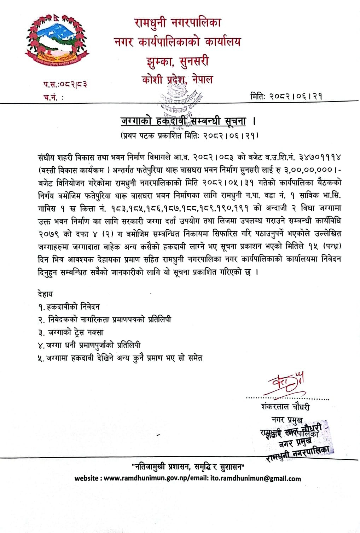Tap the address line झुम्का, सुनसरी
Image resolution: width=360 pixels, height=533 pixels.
177,61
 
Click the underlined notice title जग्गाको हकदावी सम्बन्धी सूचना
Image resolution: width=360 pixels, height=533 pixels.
184,121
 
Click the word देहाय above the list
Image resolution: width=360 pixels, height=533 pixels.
45,293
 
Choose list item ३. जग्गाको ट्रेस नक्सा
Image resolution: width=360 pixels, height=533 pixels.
71,332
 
